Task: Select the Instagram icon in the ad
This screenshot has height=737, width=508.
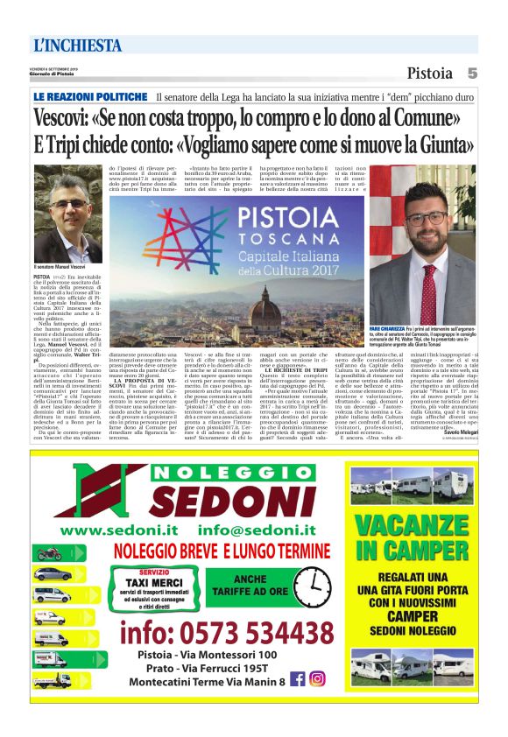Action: coord(317,678)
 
